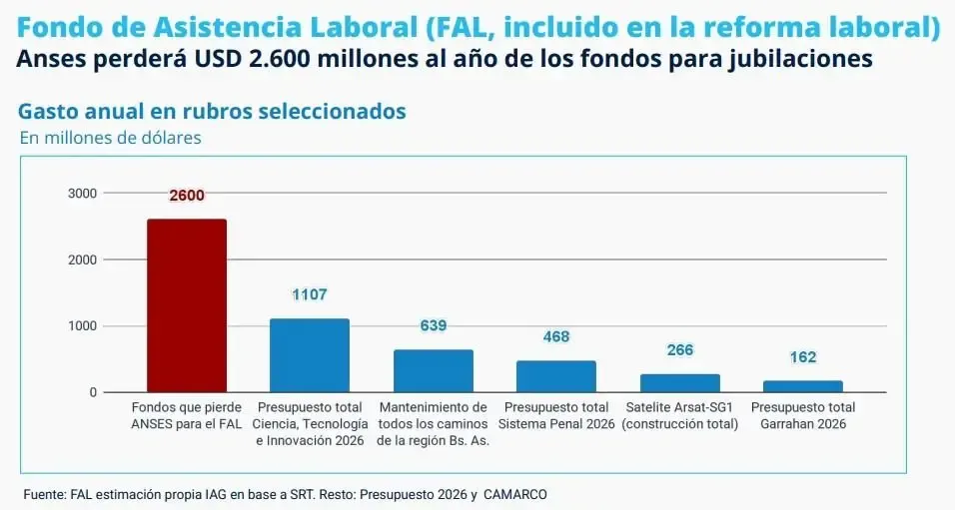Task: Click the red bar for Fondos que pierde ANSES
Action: pos(187,305)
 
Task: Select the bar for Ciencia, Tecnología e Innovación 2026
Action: pos(310,355)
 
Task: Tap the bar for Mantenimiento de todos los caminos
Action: pos(433,370)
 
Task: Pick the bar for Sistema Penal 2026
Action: pos(555,376)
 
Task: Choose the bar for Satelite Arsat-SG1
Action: pos(679,383)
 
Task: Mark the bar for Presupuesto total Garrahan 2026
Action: pos(802,386)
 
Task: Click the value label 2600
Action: pos(187,196)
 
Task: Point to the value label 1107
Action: pos(310,294)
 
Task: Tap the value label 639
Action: pos(433,325)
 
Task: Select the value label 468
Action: pos(556,336)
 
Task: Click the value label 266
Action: pos(679,350)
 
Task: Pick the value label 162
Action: pos(803,357)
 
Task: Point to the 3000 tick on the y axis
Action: pos(82,193)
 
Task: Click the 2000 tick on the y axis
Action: pos(82,259)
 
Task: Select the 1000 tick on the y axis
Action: pos(82,325)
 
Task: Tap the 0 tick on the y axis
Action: pos(93,392)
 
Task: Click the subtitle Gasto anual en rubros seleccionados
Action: pos(212,111)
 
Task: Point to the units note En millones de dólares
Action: pos(111,138)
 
